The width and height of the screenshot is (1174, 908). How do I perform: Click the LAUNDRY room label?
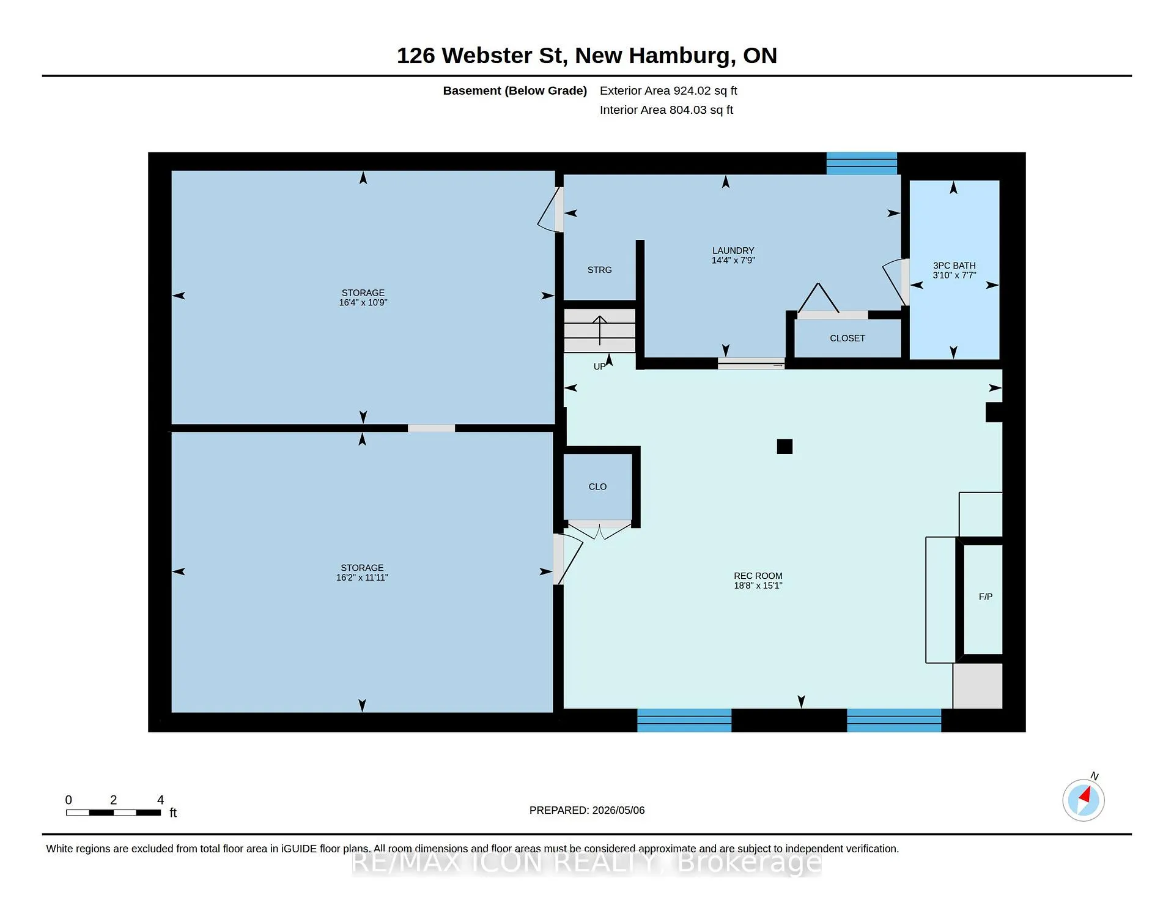tap(733, 251)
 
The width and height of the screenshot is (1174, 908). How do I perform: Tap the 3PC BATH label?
tap(954, 266)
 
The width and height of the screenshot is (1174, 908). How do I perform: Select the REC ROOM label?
tap(758, 576)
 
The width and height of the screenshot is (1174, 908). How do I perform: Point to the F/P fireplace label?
tap(986, 597)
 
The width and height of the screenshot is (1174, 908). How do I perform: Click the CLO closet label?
tap(597, 487)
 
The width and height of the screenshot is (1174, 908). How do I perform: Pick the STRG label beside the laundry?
tap(599, 270)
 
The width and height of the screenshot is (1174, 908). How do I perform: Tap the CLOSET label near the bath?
tap(847, 338)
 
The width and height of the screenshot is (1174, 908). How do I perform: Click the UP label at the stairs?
tap(599, 367)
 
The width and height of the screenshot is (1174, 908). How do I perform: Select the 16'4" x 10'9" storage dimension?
tap(363, 302)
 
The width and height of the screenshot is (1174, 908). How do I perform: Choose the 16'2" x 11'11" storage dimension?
tap(362, 578)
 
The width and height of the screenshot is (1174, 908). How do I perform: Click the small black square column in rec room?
tap(785, 447)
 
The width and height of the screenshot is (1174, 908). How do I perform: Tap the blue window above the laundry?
tap(862, 163)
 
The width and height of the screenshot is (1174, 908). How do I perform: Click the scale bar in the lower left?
tap(113, 813)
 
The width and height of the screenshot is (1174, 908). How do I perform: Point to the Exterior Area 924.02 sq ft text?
tap(668, 91)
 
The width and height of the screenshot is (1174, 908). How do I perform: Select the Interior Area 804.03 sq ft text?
tap(666, 110)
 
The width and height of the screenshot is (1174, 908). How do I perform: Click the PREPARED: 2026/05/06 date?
tap(587, 810)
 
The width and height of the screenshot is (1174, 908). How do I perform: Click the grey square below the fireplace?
tap(978, 686)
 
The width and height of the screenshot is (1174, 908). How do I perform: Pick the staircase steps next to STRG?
tap(599, 330)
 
